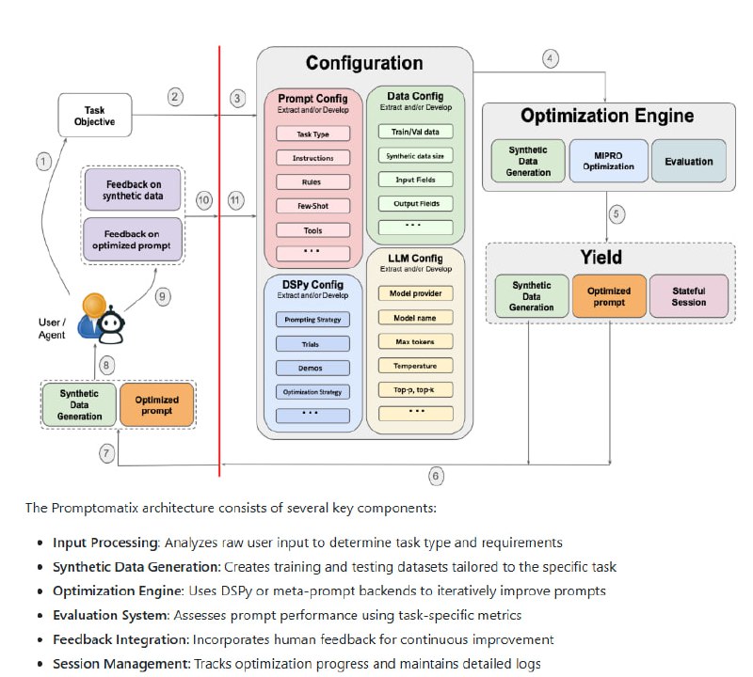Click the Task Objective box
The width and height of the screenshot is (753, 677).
click(95, 115)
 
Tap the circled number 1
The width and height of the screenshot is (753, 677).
click(42, 162)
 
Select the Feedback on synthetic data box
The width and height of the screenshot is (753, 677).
click(133, 189)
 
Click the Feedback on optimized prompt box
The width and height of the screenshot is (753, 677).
click(133, 239)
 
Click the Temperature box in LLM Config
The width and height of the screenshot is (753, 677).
click(415, 365)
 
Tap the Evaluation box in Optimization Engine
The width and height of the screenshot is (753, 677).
click(688, 161)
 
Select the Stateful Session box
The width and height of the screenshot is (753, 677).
click(689, 297)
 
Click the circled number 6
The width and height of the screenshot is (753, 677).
click(436, 476)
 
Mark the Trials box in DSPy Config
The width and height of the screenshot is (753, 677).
click(311, 343)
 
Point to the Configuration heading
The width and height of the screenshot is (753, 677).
click(364, 64)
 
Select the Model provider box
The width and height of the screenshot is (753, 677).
click(415, 293)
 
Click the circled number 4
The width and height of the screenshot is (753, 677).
click(550, 58)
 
